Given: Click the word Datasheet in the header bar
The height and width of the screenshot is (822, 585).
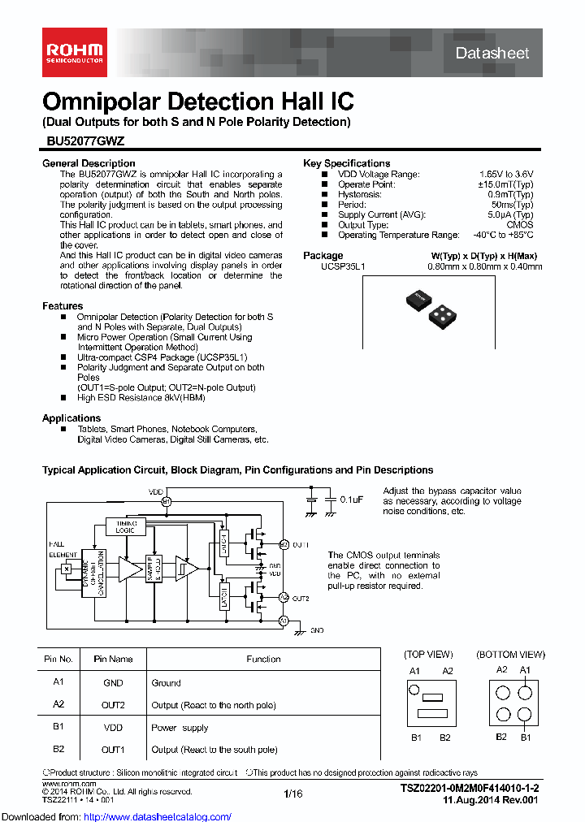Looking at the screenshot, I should click(492, 54).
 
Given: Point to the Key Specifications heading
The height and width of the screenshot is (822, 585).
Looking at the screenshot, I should click(346, 163).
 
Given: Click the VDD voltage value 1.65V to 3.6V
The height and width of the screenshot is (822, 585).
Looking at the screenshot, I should click(505, 175).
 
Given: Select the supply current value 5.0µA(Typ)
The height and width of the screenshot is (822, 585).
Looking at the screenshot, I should click(510, 215).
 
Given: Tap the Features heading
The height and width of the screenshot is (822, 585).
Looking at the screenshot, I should click(63, 306).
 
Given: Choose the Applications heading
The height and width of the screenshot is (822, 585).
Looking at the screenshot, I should click(71, 418).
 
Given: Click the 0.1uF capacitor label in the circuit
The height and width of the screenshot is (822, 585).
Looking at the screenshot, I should click(351, 499).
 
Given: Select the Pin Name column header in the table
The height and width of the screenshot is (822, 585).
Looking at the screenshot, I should click(113, 660).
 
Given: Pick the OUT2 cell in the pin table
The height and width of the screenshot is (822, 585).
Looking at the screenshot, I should click(113, 705).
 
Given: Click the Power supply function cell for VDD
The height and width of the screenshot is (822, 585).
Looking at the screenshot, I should click(180, 728).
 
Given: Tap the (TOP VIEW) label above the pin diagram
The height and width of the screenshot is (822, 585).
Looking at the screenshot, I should click(428, 654).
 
